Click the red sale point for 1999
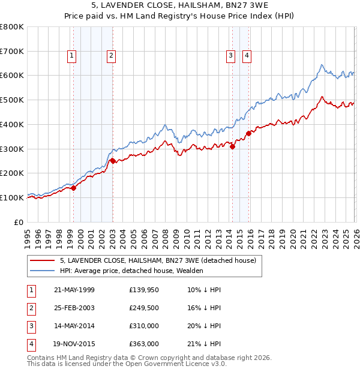pyautogui.click(x=73, y=188)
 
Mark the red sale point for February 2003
pyautogui.click(x=113, y=161)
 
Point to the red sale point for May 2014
pyautogui.click(x=232, y=146)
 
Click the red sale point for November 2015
pyautogui.click(x=248, y=133)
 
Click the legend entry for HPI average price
pyautogui.click(x=131, y=271)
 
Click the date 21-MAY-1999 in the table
pyautogui.click(x=74, y=290)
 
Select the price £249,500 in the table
pyautogui.click(x=144, y=308)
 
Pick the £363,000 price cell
pyautogui.click(x=144, y=344)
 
